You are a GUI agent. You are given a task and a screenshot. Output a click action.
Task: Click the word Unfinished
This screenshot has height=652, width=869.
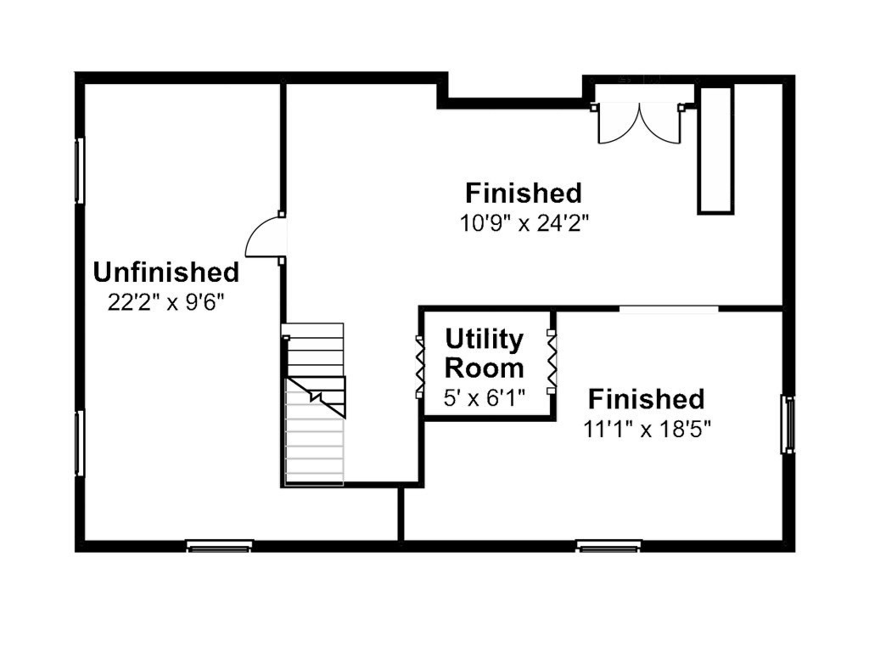point(166,273)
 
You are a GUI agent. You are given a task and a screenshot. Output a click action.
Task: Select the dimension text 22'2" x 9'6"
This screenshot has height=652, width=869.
point(166,303)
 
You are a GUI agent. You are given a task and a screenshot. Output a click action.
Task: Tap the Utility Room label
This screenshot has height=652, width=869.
point(485,353)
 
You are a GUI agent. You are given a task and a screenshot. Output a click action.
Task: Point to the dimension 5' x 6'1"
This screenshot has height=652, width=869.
point(485,397)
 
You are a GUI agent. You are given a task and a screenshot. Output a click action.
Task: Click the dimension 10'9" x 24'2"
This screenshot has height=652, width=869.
point(524,223)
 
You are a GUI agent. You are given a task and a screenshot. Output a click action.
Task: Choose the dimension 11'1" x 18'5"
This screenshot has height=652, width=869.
point(647,429)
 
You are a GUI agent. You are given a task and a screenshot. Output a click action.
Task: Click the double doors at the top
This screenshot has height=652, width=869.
point(639,122)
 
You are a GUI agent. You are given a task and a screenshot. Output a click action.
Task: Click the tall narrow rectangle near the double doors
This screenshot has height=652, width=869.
point(715,149)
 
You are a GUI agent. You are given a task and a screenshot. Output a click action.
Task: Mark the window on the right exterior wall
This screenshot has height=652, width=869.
point(788,424)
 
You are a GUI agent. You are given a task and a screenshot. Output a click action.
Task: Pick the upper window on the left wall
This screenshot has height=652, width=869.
point(80,171)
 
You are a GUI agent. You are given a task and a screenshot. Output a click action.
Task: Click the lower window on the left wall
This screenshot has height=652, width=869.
point(80,443)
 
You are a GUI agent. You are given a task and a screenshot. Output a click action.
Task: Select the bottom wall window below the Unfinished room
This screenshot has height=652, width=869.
point(220,546)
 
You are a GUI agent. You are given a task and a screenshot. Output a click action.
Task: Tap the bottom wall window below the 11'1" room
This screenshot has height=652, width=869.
point(609,546)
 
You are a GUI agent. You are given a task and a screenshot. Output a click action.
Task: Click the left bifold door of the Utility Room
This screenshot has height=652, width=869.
point(420,367)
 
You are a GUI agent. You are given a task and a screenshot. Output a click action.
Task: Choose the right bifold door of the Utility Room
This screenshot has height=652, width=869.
point(552,362)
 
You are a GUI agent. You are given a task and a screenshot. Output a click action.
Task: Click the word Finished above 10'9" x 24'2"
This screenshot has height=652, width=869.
point(524,194)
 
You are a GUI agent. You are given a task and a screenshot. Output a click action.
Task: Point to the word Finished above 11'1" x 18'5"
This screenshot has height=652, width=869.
point(647,399)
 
